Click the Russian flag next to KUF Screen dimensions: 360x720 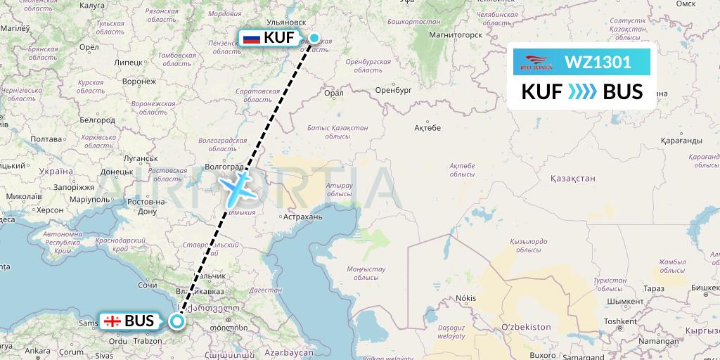251,38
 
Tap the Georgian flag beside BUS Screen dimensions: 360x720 112,321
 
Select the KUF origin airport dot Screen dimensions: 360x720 314,38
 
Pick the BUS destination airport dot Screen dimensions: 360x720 176,321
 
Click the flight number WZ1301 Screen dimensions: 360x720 597,63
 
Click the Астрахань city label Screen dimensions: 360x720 301,217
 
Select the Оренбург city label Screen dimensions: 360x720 392,91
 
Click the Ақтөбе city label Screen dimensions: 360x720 427,127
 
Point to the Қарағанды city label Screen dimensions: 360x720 682,140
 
